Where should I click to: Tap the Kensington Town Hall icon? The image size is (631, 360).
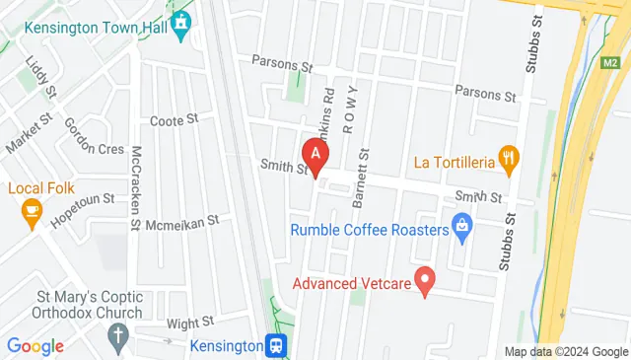(180, 22)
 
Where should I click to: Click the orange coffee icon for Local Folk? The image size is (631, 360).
(33, 212)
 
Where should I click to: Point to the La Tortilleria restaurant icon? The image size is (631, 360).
(509, 158)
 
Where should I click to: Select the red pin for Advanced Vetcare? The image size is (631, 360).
(426, 280)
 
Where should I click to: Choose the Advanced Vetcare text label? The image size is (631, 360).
(351, 284)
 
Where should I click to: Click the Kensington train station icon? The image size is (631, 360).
(279, 345)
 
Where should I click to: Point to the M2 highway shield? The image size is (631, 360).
(610, 64)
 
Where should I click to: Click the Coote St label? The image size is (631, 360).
(174, 120)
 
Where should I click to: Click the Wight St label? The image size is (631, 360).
(190, 323)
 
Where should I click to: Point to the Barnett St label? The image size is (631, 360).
(364, 178)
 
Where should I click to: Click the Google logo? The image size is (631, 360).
(35, 345)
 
